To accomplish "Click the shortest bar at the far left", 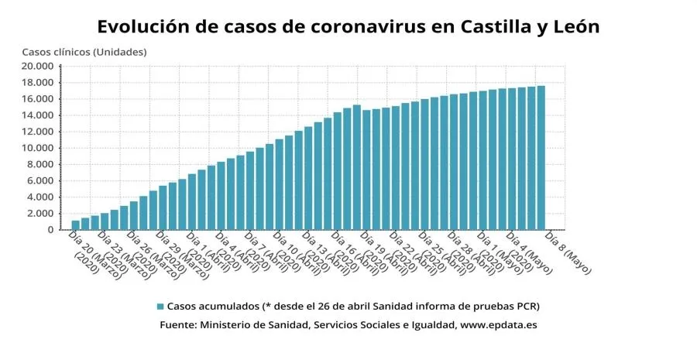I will click(76, 225).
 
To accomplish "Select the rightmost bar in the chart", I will click(541, 158).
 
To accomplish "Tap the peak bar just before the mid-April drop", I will click(356, 167).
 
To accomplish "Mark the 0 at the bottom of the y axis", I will click(51, 230).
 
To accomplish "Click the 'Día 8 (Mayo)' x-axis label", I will click(568, 252).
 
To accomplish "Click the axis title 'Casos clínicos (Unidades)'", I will click(84, 52).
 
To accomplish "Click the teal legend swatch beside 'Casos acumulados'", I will click(160, 306).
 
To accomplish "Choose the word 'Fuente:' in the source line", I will click(178, 325).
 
